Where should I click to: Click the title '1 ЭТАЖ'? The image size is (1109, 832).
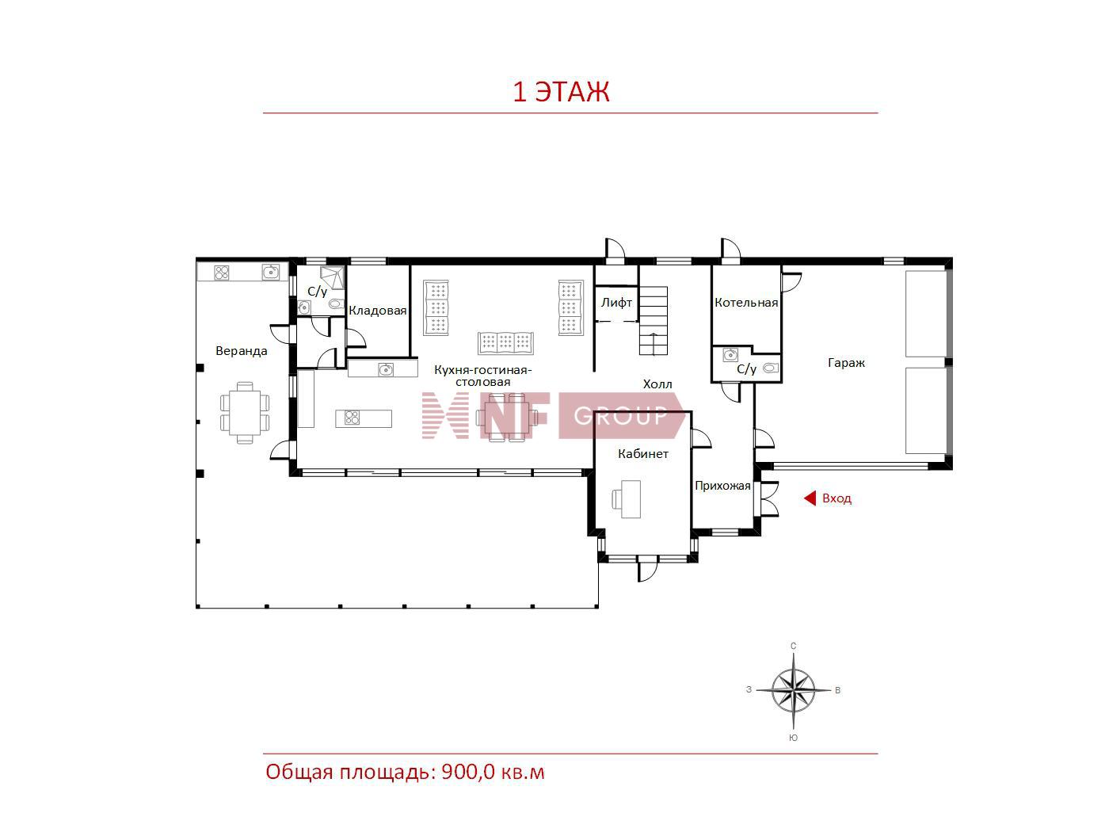click(561, 92)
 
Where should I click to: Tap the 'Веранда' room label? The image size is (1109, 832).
click(241, 350)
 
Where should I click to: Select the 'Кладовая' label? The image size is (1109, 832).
click(377, 310)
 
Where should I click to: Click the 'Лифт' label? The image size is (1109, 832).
click(616, 302)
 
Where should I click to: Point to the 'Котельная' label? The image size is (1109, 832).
click(745, 303)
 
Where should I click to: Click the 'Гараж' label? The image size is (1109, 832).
click(846, 363)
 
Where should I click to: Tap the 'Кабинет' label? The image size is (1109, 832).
click(642, 453)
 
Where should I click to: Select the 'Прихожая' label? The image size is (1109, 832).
click(722, 486)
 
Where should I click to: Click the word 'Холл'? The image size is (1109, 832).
click(657, 384)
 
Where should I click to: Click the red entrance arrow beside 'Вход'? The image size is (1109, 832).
click(810, 498)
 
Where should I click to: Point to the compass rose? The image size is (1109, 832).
click(793, 690)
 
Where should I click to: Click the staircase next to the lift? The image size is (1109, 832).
click(654, 321)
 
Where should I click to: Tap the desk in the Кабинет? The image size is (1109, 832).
click(630, 499)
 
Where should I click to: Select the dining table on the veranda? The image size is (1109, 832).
click(245, 413)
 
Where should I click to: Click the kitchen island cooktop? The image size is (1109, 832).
click(353, 418)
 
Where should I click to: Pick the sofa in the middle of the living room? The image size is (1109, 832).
click(505, 343)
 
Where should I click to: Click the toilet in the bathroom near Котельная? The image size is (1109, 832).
click(770, 368)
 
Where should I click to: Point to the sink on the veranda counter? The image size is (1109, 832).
click(271, 273)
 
